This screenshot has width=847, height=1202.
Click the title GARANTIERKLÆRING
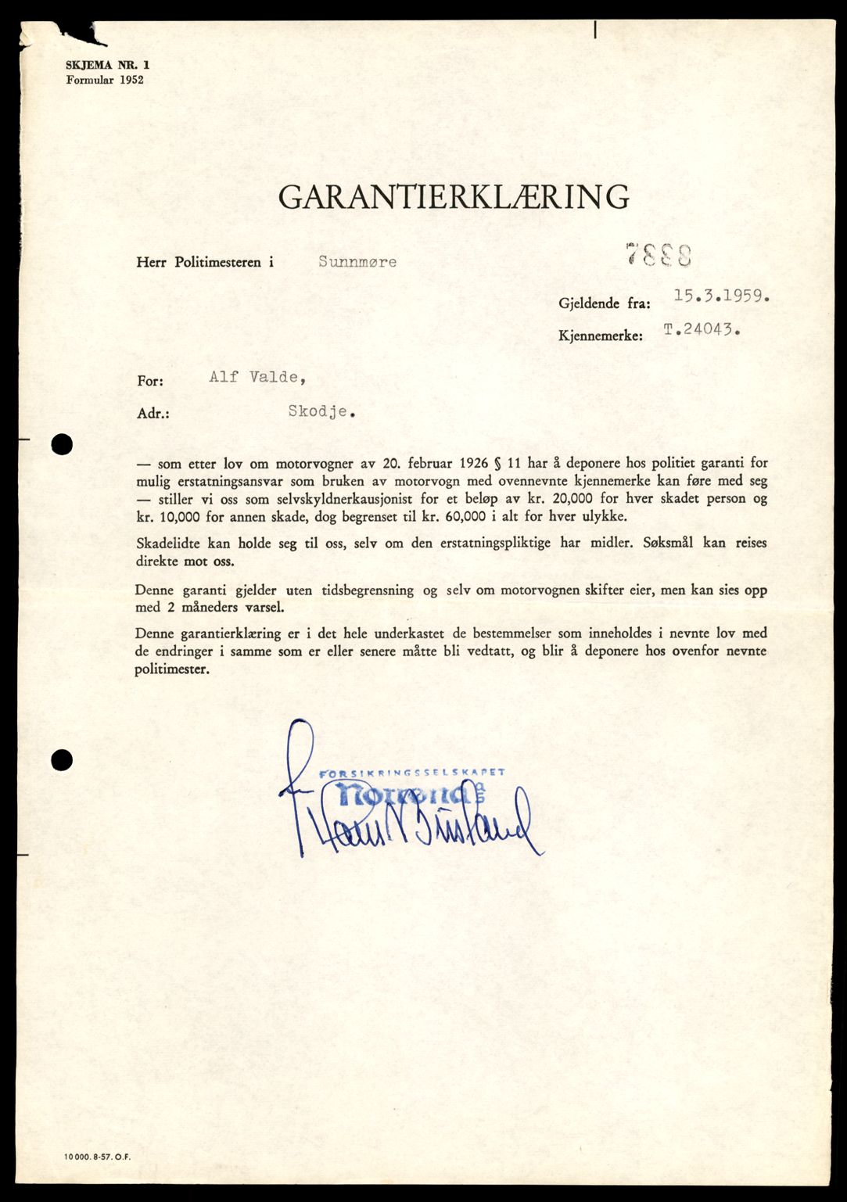454,197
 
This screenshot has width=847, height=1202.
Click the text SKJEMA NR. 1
107,66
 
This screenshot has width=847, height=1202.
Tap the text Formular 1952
105,80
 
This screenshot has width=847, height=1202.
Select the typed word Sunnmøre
357,262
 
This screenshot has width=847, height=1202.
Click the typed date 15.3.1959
722,296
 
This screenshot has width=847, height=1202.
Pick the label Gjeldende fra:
604,303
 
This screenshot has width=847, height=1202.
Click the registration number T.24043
702,329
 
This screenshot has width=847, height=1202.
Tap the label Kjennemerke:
601,335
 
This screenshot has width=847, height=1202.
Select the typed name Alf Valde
257,377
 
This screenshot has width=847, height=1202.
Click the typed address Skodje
321,411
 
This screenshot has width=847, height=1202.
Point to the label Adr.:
153,413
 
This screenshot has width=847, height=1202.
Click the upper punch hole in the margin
62,444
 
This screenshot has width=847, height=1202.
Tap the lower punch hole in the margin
62,759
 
